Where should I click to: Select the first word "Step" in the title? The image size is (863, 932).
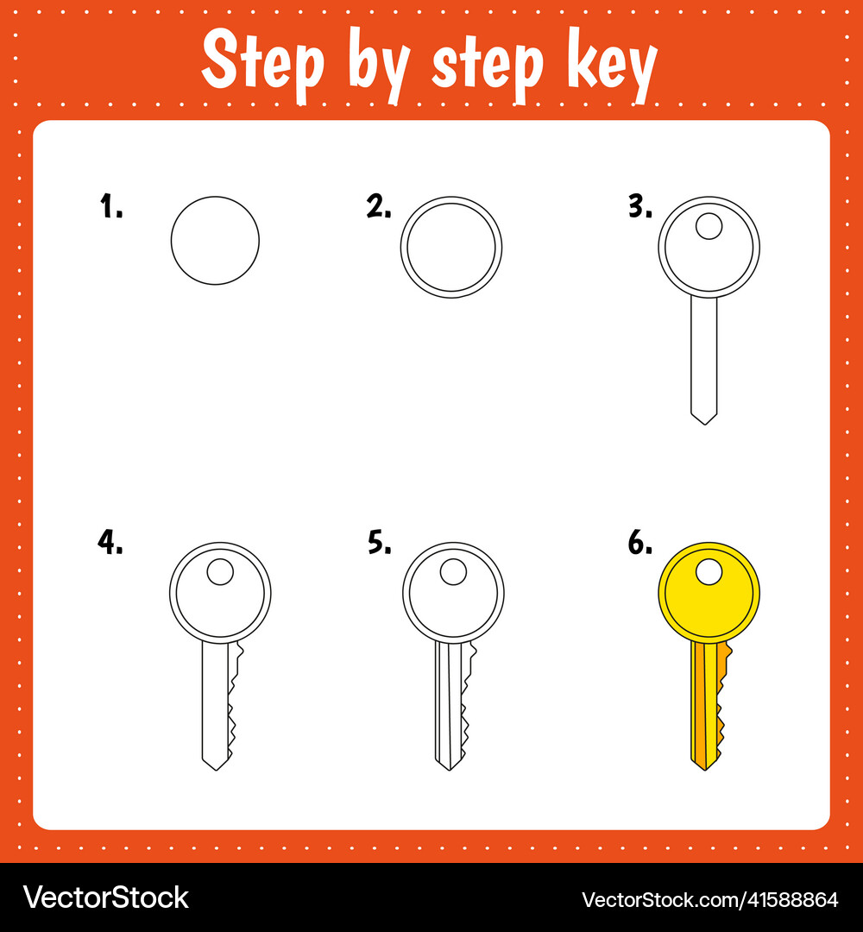click(263, 62)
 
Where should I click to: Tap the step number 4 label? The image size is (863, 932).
click(110, 542)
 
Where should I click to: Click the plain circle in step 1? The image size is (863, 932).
click(215, 241)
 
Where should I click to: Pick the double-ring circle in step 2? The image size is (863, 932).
click(451, 248)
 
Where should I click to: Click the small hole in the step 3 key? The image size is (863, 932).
click(709, 226)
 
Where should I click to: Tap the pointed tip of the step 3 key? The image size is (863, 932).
click(704, 420)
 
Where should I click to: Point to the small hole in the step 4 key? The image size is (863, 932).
click(220, 571)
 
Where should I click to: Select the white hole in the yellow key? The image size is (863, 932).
click(709, 571)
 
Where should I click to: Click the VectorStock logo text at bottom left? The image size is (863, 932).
click(105, 897)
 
